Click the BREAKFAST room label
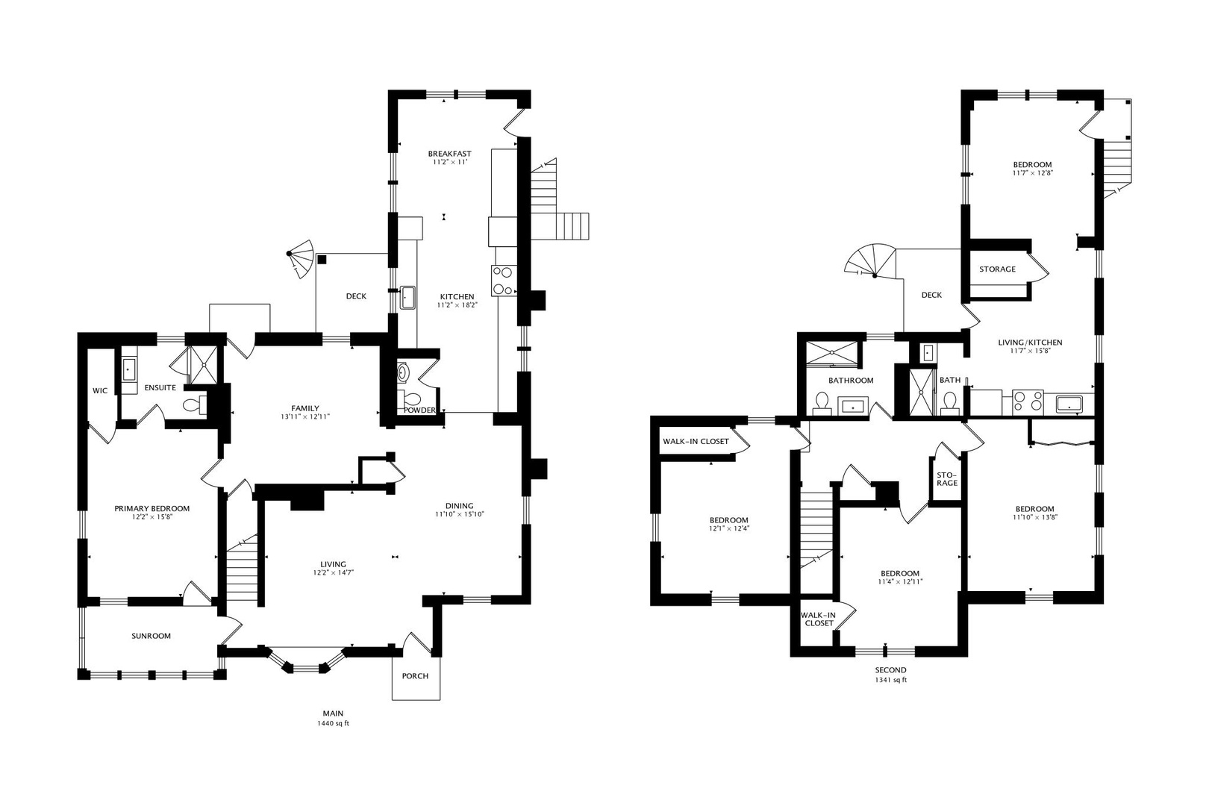coord(449,154)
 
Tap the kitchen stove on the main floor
coord(504,281)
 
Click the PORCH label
coord(415,676)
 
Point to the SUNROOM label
coord(151,636)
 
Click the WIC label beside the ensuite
coord(100,390)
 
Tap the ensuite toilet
coord(194,404)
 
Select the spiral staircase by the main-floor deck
coord(300,259)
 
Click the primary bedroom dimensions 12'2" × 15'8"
coord(151,516)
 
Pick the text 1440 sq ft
coord(333,723)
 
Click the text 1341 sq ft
coord(890,680)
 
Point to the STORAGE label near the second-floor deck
coord(997,269)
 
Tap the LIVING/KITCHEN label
coord(1030,343)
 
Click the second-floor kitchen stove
coord(1028,402)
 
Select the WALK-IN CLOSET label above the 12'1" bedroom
coord(696,441)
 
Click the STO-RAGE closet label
coord(947,479)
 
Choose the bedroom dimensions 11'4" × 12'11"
coord(900,582)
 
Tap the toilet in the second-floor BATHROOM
coord(822,403)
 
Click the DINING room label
coord(459,506)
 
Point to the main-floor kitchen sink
coord(407,298)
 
